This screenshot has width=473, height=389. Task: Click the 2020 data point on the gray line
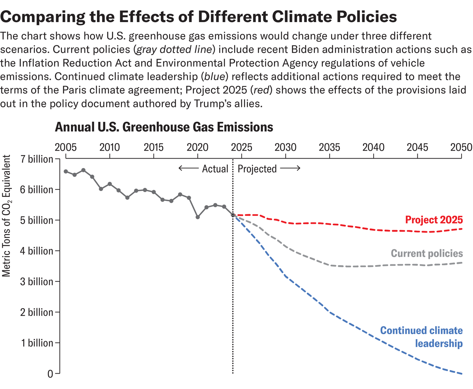pyautogui.click(x=198, y=217)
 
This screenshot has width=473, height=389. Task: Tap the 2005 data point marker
pyautogui.click(x=66, y=171)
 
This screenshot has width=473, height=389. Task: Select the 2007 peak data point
pyautogui.click(x=83, y=170)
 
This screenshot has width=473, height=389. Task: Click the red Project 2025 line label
pyautogui.click(x=434, y=220)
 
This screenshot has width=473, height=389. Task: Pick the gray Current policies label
pyautogui.click(x=427, y=253)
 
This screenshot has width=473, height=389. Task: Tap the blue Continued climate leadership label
pyautogui.click(x=421, y=337)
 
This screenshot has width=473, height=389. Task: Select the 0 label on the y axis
pyautogui.click(x=50, y=374)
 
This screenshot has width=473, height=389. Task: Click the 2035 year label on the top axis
pyautogui.click(x=330, y=148)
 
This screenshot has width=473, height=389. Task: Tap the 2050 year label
pyautogui.click(x=462, y=148)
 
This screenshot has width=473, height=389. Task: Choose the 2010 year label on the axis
pyautogui.click(x=110, y=148)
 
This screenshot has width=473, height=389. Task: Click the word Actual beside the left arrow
pyautogui.click(x=215, y=169)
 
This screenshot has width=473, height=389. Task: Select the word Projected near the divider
pyautogui.click(x=257, y=169)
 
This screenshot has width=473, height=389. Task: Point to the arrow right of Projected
pyautogui.click(x=291, y=169)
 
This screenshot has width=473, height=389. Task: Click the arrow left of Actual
pyautogui.click(x=188, y=169)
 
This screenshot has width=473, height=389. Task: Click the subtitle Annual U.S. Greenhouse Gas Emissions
pyautogui.click(x=164, y=127)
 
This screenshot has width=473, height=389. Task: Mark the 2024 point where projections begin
pyautogui.click(x=233, y=215)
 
